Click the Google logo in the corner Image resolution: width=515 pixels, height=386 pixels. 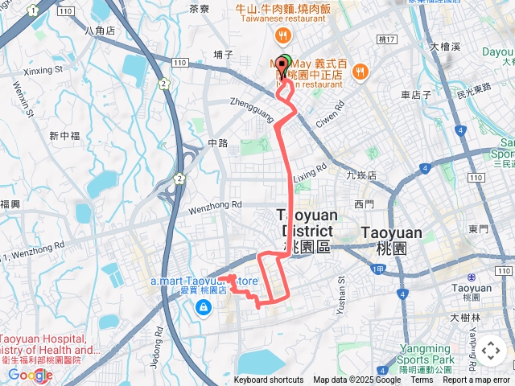(x=31, y=374)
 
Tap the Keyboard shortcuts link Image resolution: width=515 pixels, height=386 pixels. (x=269, y=380)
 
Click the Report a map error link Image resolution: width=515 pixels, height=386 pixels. (x=476, y=380)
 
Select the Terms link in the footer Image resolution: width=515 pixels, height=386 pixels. (x=422, y=380)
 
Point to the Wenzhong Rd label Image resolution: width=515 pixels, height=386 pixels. (x=215, y=205)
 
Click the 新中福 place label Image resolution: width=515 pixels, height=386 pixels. (x=64, y=136)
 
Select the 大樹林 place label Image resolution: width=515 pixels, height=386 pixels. (x=465, y=318)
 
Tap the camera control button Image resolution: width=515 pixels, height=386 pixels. (x=491, y=351)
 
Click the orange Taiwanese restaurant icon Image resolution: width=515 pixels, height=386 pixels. (x=282, y=35)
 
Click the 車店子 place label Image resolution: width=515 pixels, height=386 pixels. (x=416, y=94)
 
